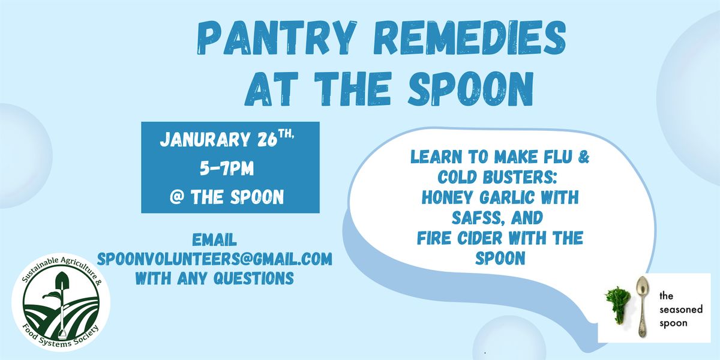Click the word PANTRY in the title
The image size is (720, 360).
pyautogui.click(x=277, y=38)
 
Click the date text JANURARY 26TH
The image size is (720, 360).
pyautogui.click(x=227, y=139)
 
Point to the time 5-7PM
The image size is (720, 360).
pyautogui.click(x=227, y=169)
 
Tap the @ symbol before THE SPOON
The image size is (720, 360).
pyautogui.click(x=176, y=197)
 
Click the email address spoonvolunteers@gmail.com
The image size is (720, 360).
pyautogui.click(x=214, y=259)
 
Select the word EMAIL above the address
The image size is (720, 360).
pyautogui.click(x=214, y=240)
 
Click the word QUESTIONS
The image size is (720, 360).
pyautogui.click(x=254, y=278)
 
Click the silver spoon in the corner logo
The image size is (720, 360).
pyautogui.click(x=643, y=307)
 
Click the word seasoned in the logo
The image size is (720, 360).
pyautogui.click(x=681, y=310)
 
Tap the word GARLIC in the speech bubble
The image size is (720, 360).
pyautogui.click(x=507, y=197)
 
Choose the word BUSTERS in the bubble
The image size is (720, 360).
pyautogui.click(x=518, y=177)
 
